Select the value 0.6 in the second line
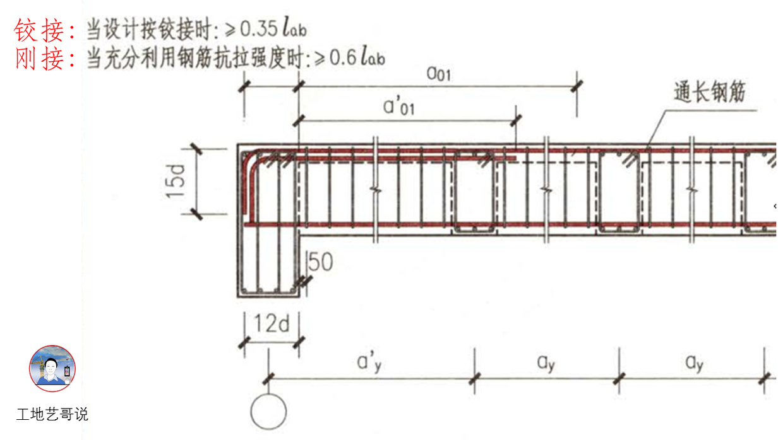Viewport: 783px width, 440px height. pyautogui.click(x=342, y=58)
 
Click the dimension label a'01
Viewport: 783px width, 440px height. pyautogui.click(x=399, y=107)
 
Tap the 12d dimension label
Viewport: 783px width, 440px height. pyautogui.click(x=272, y=325)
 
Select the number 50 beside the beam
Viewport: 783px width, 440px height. pyautogui.click(x=320, y=262)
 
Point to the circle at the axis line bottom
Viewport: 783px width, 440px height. pyautogui.click(x=268, y=412)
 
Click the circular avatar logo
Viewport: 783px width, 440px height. pyautogui.click(x=52, y=369)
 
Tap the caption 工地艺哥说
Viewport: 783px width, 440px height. pyautogui.click(x=52, y=414)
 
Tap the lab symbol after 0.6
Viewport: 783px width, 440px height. pyautogui.click(x=373, y=58)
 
